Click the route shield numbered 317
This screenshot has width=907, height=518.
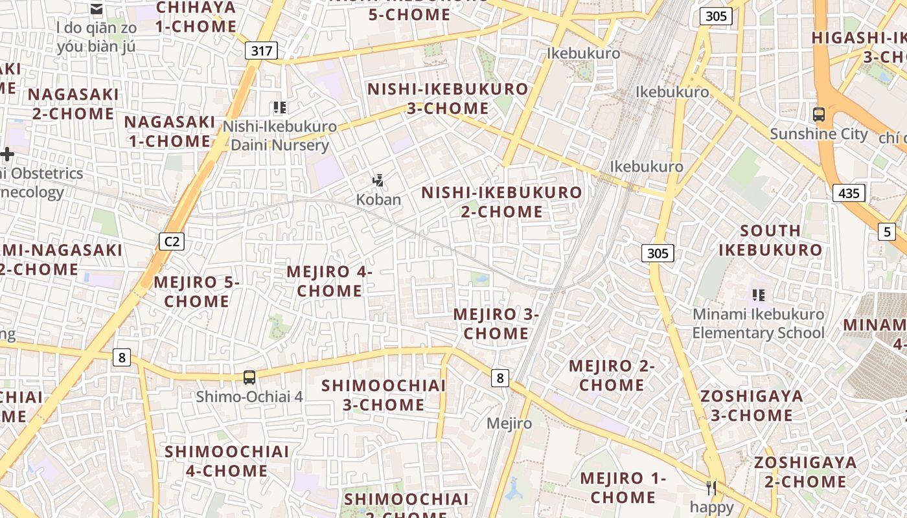click(262, 51)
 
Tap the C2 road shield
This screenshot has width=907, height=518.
click(172, 242)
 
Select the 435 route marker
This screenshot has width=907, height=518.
click(849, 192)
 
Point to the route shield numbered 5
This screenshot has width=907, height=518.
click(887, 231)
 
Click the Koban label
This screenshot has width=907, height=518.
click(378, 199)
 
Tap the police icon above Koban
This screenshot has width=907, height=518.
click(378, 181)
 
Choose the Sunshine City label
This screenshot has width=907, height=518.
click(819, 134)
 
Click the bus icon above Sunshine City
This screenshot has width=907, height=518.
click(819, 115)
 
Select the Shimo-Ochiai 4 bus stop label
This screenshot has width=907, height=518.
click(249, 396)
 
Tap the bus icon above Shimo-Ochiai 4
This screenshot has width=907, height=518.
click(249, 377)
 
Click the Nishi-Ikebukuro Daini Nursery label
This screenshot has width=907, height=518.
click(280, 136)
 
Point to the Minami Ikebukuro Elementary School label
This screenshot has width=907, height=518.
click(758, 324)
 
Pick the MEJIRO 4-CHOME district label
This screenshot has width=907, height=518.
click(329, 281)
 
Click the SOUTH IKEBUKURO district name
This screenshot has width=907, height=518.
click(770, 240)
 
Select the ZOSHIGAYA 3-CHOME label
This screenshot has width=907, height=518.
click(752, 405)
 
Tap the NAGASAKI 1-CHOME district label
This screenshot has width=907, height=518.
click(170, 131)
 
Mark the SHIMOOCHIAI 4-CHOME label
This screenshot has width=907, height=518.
click(227, 461)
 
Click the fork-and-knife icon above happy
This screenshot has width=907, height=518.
click(712, 488)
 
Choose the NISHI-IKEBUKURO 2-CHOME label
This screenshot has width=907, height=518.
click(502, 202)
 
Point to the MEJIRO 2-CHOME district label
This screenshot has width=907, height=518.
click(612, 376)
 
